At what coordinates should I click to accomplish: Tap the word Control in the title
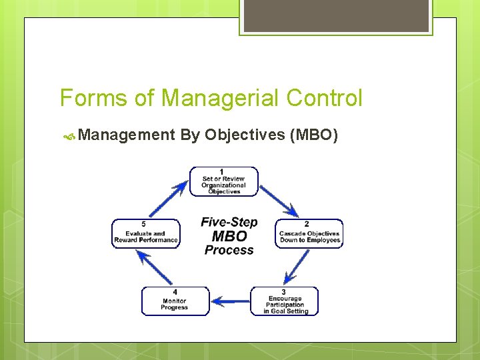tap(324, 99)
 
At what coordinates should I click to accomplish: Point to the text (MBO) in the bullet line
tap(315, 135)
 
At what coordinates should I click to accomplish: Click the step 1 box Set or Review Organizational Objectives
tap(223, 181)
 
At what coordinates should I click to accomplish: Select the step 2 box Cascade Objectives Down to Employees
tap(309, 233)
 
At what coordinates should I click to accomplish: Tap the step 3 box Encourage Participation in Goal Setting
tap(285, 301)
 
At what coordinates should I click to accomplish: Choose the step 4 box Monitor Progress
tap(175, 301)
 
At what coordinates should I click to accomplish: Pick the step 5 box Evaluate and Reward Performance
tap(146, 233)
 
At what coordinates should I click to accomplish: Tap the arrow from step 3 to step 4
tap(230, 301)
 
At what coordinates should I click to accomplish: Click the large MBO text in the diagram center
tap(229, 236)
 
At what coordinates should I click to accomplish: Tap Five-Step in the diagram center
tap(229, 222)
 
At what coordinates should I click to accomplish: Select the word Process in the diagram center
tap(229, 251)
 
